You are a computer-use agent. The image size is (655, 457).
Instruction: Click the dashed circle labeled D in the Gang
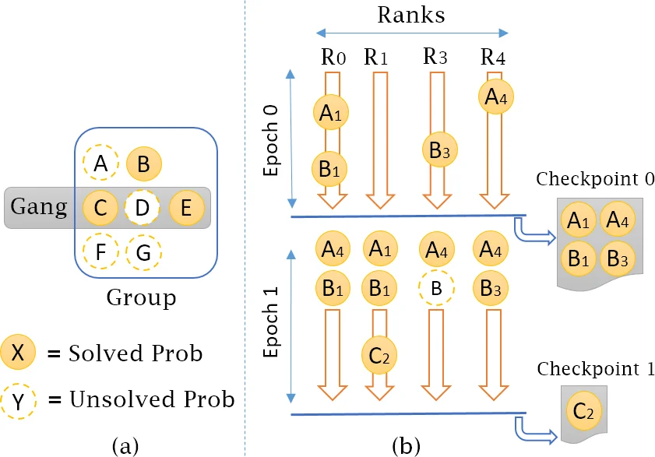pos(142,207)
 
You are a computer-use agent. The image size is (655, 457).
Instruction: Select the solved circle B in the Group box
pos(143,164)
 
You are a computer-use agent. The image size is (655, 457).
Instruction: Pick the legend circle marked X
pos(18,353)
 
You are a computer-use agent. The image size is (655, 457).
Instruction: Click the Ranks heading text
pos(412,15)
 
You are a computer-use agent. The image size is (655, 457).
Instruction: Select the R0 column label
pos(333,57)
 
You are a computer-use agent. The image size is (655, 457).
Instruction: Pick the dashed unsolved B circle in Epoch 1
pos(437,289)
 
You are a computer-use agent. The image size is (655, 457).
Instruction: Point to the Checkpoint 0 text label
pos(595,178)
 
